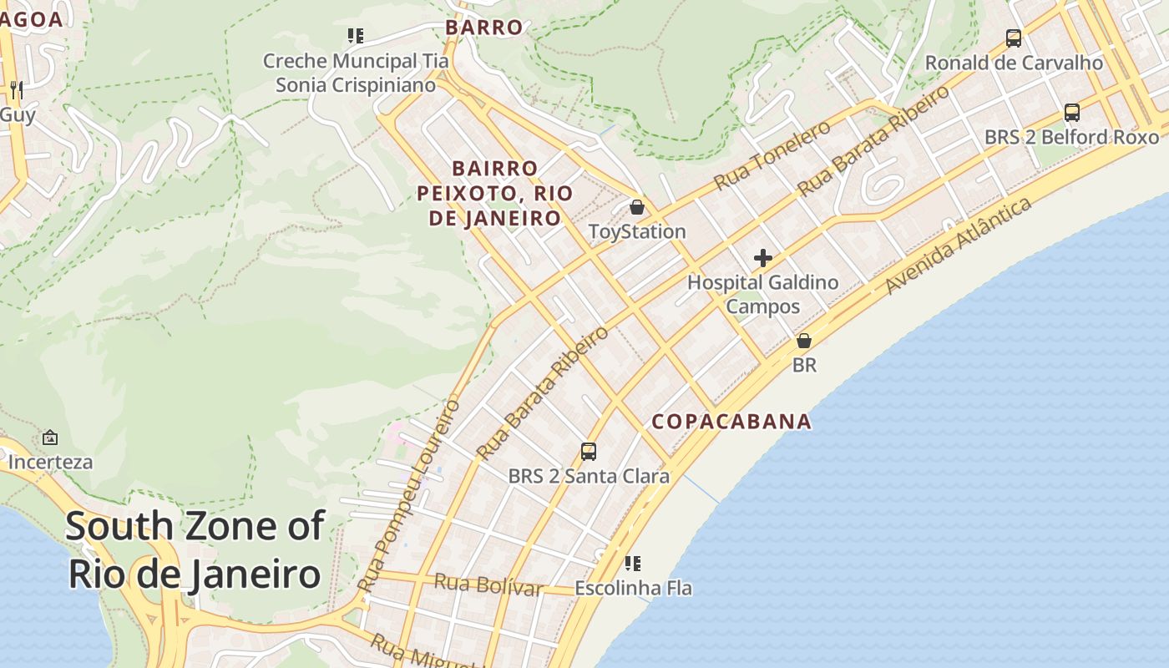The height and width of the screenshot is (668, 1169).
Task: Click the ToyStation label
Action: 637,231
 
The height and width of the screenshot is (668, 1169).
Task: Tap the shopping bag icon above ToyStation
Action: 637,207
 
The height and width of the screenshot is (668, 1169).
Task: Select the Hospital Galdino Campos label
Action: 762,294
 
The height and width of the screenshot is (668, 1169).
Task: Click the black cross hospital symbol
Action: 762,258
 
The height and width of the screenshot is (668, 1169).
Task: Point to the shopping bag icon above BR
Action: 804,341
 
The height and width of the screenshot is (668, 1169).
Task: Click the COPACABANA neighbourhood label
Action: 731,422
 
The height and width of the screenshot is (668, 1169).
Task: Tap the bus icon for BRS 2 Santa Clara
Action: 589,452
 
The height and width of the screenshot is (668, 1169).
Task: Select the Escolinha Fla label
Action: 633,588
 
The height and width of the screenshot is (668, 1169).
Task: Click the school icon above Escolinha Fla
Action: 633,564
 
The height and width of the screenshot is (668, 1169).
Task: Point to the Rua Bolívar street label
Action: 488,584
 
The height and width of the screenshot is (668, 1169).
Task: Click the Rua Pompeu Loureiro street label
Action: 409,496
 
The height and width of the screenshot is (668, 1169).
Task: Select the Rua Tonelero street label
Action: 772,154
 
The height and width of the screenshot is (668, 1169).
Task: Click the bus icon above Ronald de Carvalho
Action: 1014,38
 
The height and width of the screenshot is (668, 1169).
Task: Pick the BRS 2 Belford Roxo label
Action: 1071,136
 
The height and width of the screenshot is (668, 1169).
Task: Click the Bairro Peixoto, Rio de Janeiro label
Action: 495,194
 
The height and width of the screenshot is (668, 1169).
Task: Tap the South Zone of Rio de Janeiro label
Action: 195,550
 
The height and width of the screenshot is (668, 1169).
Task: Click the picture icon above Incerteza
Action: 50,437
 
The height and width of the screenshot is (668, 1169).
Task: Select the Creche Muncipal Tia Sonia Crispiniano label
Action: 356,73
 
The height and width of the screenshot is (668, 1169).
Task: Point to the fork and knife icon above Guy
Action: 16,90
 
